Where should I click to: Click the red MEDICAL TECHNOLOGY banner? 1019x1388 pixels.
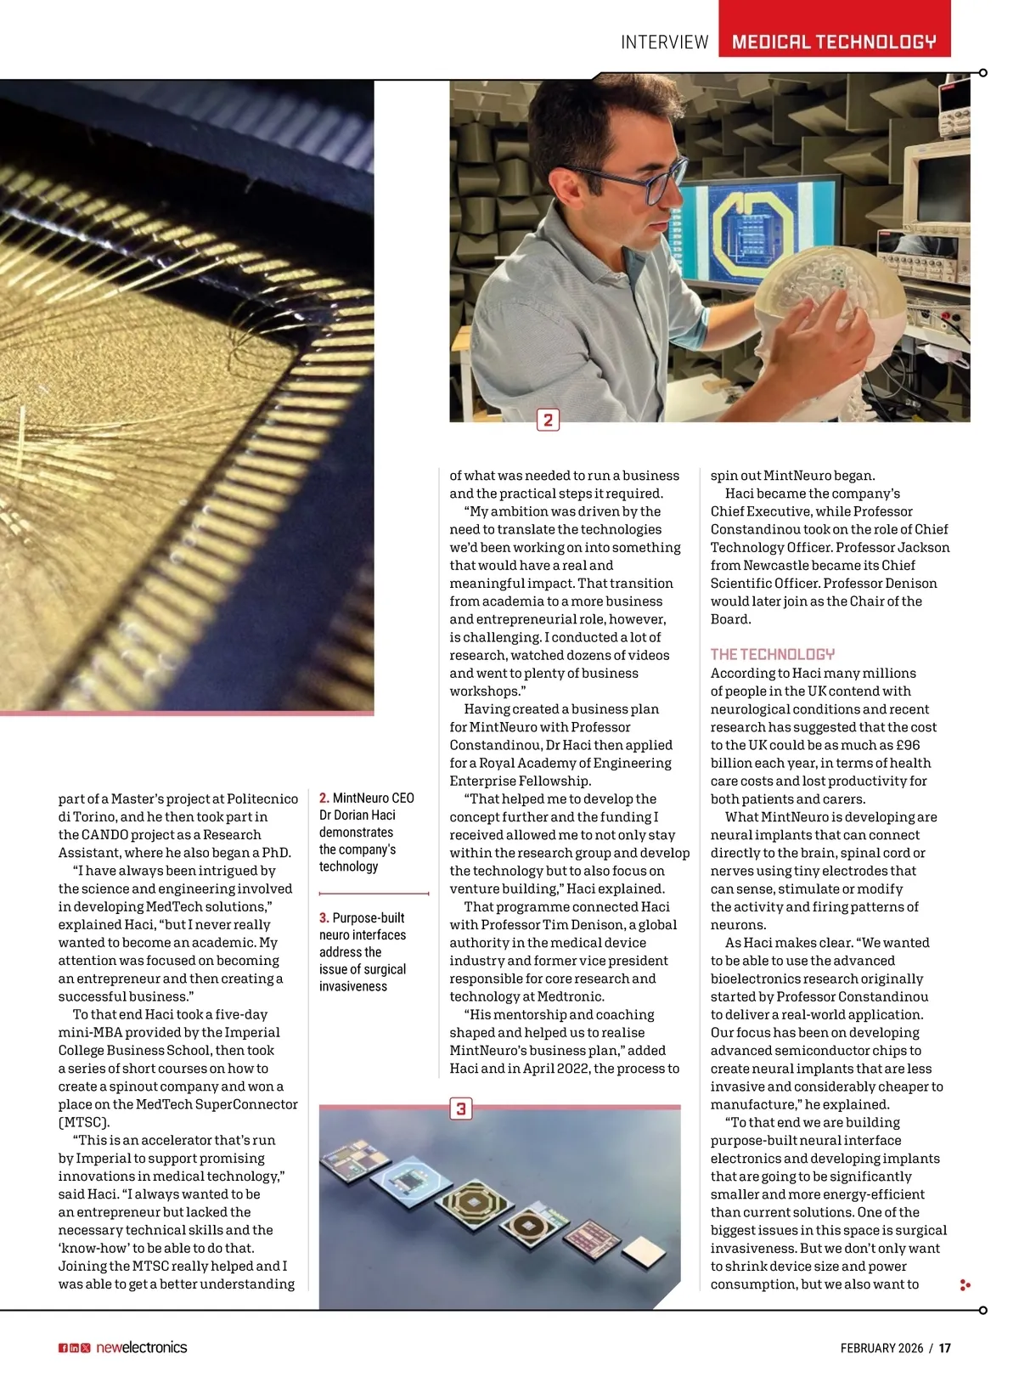[x=834, y=41]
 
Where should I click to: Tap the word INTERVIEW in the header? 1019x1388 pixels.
[x=664, y=42]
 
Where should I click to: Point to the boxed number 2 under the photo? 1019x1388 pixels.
[x=548, y=420]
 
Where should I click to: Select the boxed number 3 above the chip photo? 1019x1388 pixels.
[x=460, y=1109]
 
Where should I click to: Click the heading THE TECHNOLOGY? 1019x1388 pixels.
[x=772, y=654]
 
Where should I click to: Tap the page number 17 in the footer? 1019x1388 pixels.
[x=945, y=1348]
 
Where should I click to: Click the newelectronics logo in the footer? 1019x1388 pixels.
[x=141, y=1347]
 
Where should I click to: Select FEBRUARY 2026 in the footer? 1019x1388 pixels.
[x=881, y=1348]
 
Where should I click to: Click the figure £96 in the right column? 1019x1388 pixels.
[x=908, y=745]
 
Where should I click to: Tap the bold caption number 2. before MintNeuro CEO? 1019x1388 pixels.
[x=324, y=798]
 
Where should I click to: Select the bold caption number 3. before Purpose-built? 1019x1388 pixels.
[x=324, y=918]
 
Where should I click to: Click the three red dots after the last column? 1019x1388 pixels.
[x=965, y=1285]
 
